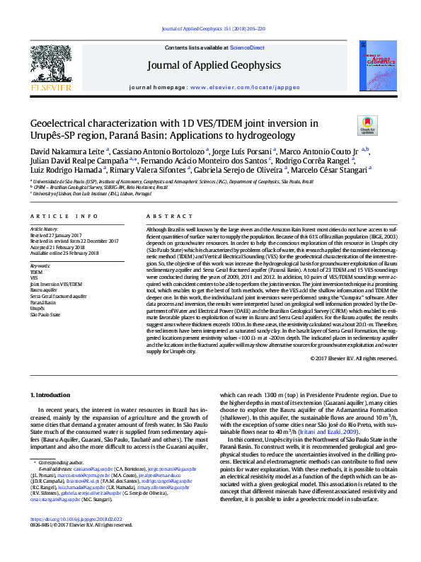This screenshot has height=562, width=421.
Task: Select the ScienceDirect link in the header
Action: (247, 47)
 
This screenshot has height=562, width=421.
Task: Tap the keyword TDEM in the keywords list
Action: (36, 271)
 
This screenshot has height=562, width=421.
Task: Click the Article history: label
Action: (45, 230)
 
